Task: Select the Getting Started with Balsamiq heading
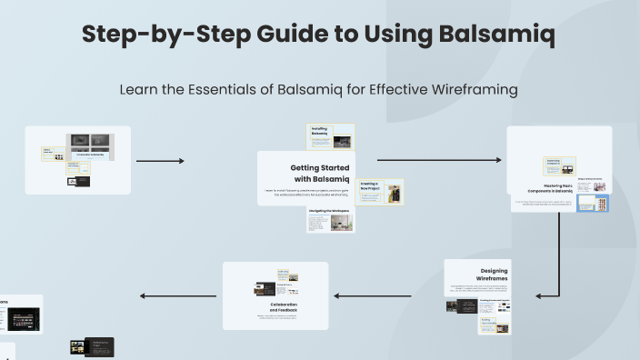coord(314,173)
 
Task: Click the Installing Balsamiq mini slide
coord(330,137)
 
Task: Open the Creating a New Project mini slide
coord(381,191)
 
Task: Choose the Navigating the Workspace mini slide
coord(329,221)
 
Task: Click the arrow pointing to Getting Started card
coord(160,161)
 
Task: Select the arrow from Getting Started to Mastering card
coord(438,160)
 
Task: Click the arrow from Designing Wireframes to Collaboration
coord(385,295)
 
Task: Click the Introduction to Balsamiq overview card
coord(78,160)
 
